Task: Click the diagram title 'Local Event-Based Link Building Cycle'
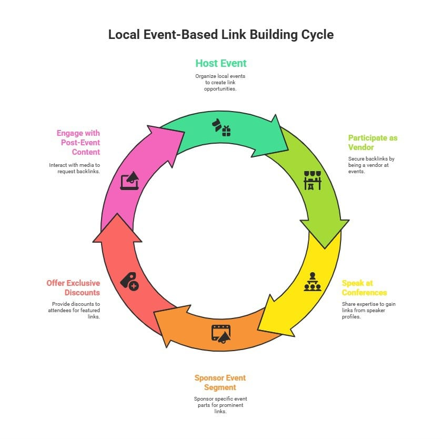click(x=220, y=35)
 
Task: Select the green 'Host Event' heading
click(x=220, y=63)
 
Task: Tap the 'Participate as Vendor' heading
click(x=373, y=143)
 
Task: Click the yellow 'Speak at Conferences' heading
click(x=364, y=288)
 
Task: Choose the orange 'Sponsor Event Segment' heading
click(x=220, y=383)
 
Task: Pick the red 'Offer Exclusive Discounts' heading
click(x=73, y=288)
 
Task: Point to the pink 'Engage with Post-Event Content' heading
click(x=78, y=143)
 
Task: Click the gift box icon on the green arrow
click(x=222, y=128)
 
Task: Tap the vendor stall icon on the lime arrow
click(x=312, y=180)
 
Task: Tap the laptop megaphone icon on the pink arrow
click(x=129, y=180)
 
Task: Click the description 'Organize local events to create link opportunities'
click(x=220, y=83)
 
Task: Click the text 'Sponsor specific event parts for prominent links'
click(x=220, y=405)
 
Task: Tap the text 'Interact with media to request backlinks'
click(x=74, y=168)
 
